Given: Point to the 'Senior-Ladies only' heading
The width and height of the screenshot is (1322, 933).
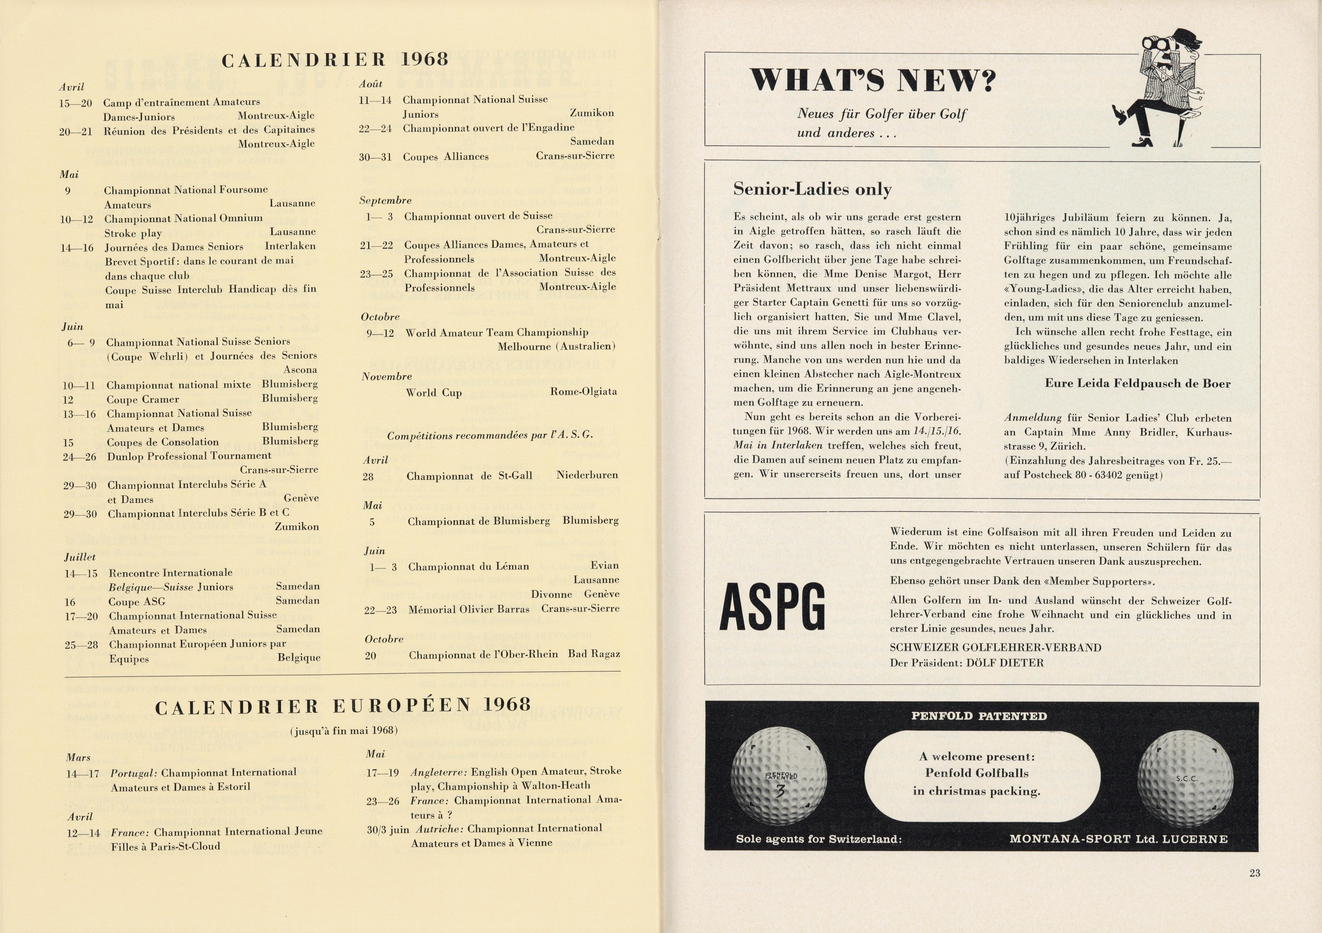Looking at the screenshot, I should (812, 189).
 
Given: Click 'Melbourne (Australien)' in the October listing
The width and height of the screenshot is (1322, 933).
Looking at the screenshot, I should (557, 346).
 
